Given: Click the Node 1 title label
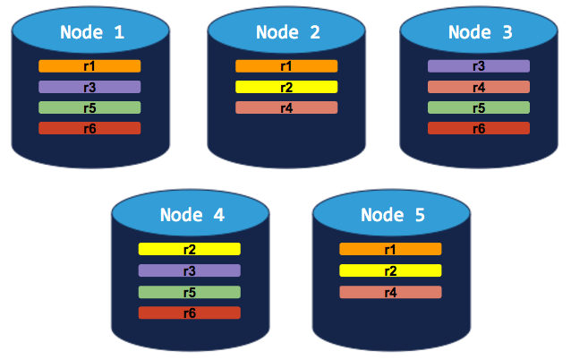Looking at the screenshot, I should click(x=92, y=32).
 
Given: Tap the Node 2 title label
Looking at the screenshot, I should click(x=287, y=32).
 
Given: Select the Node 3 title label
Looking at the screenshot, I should click(x=480, y=32).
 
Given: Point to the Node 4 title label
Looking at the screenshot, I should click(x=191, y=215).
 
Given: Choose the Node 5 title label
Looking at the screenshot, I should click(x=391, y=215).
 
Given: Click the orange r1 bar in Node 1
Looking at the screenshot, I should click(x=89, y=66).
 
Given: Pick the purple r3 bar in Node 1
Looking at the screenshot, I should click(x=89, y=87).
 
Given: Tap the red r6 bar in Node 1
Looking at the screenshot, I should click(x=89, y=128).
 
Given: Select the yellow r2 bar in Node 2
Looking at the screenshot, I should click(x=286, y=87).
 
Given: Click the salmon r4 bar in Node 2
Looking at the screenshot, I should click(x=286, y=107).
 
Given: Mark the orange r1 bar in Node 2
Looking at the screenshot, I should click(x=286, y=66).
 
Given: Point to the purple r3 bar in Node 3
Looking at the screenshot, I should click(x=479, y=66).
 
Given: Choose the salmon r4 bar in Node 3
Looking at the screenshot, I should click(x=479, y=87).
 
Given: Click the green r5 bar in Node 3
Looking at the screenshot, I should click(x=479, y=107).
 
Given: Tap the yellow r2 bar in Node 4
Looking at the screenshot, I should click(x=190, y=249).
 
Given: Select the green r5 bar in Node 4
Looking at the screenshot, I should click(x=190, y=292).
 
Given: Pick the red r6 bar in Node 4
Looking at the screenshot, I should click(x=190, y=313).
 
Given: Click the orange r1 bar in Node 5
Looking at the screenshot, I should click(x=390, y=249).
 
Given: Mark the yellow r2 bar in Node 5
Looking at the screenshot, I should click(x=390, y=270).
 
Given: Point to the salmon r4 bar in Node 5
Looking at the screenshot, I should click(x=390, y=292).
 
